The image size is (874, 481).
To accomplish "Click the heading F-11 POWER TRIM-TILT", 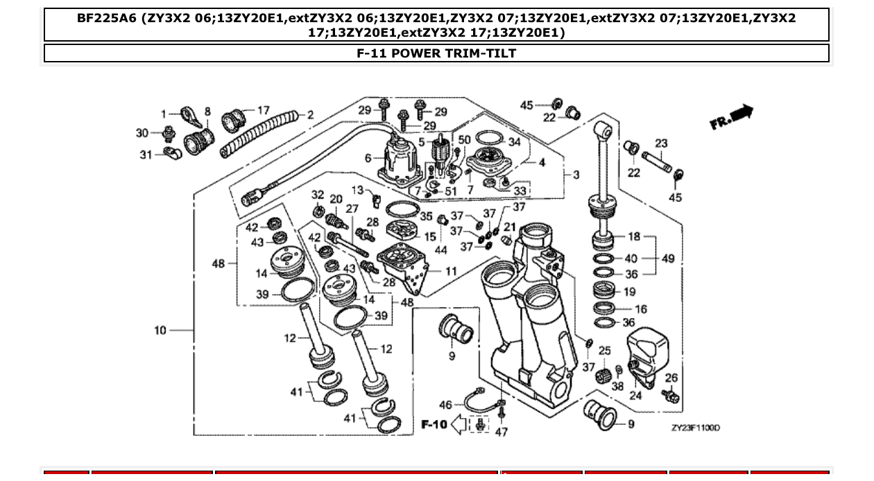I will click(x=436, y=53).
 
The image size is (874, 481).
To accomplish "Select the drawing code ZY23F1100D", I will click(x=695, y=428).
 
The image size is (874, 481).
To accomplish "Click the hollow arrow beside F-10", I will click(x=459, y=424).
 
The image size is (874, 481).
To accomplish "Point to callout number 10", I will click(x=160, y=331).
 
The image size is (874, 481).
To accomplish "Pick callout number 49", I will click(x=668, y=259).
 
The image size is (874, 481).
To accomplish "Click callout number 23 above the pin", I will click(x=661, y=143).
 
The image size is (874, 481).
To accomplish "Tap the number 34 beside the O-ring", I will click(x=514, y=142).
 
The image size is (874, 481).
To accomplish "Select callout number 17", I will click(x=264, y=110).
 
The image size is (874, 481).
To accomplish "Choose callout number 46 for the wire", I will click(x=445, y=404).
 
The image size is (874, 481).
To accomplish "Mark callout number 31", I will click(x=146, y=155).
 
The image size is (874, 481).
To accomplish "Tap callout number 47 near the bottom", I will click(x=502, y=432).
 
